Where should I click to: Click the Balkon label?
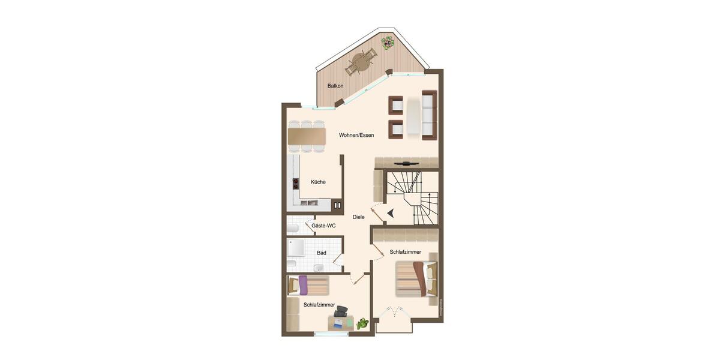click(x=335, y=86)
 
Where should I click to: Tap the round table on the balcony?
click(x=361, y=61)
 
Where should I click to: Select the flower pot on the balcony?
click(x=388, y=43)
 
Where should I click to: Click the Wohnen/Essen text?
click(x=356, y=135)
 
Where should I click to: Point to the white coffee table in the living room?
click(x=414, y=116)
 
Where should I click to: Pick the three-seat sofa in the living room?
click(x=429, y=115)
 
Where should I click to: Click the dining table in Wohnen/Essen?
click(x=307, y=136)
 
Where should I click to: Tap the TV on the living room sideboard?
click(x=407, y=163)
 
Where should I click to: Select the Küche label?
click(x=318, y=182)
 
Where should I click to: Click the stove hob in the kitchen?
click(x=296, y=184)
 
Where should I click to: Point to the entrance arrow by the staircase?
click(x=391, y=212)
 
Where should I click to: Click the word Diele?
click(x=359, y=217)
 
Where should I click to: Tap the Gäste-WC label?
click(x=323, y=226)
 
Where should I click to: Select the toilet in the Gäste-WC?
click(x=292, y=228)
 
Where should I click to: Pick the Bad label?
click(x=322, y=253)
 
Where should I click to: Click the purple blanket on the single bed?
click(x=304, y=285)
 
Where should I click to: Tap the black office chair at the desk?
click(x=341, y=311)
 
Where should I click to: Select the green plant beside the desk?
click(x=362, y=324)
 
